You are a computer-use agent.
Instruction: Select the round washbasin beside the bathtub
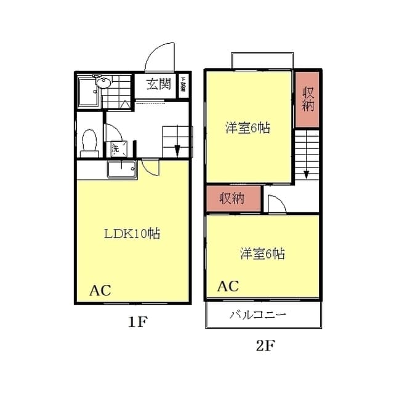click(103, 82)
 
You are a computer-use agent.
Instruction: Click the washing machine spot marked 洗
click(115, 148)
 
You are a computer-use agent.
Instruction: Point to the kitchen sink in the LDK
click(123, 169)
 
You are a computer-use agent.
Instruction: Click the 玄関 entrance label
click(158, 85)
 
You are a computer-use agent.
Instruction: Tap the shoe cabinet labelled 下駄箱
click(183, 85)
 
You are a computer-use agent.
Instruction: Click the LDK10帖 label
click(132, 234)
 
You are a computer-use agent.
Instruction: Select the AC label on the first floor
click(101, 290)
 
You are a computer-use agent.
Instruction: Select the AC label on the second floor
click(228, 286)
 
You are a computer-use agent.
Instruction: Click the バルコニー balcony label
click(258, 315)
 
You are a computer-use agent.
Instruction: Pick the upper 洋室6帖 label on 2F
click(247, 128)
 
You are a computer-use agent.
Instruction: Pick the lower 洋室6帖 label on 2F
click(262, 253)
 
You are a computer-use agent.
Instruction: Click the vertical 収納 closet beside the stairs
click(308, 98)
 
